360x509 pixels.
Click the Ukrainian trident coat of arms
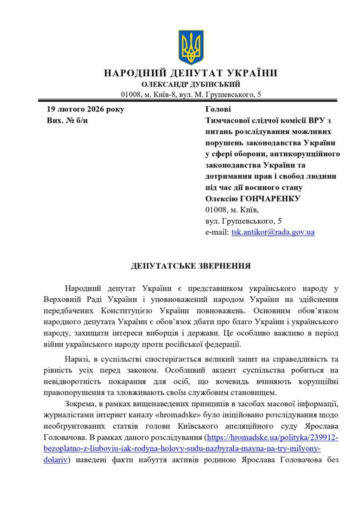coord(191,47)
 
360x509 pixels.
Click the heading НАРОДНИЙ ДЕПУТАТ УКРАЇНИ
coord(191,73)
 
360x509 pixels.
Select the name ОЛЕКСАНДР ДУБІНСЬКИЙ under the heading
coord(191,84)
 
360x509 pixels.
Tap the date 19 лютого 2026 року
coord(85,109)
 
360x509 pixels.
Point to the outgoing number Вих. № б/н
coord(67,120)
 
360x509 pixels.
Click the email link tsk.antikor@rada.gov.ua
coord(273,232)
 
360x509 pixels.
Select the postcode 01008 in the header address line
coord(130,94)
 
